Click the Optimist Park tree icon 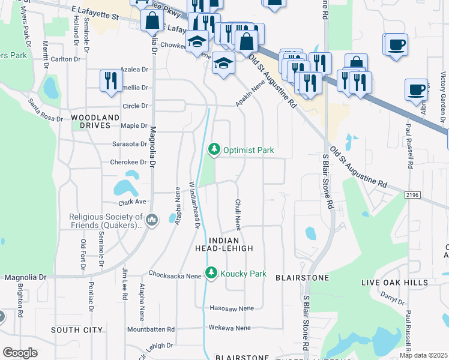coord(214,149)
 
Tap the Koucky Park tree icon coord(211,274)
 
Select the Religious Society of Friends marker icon coord(152,221)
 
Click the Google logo coord(20,353)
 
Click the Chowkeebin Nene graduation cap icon coord(196,41)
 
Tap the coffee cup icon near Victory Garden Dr coord(416,89)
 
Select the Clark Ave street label coord(133,202)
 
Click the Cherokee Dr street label coord(128,162)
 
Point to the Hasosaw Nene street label coord(232,308)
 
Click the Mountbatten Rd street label coord(151,329)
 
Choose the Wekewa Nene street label coord(229,328)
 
